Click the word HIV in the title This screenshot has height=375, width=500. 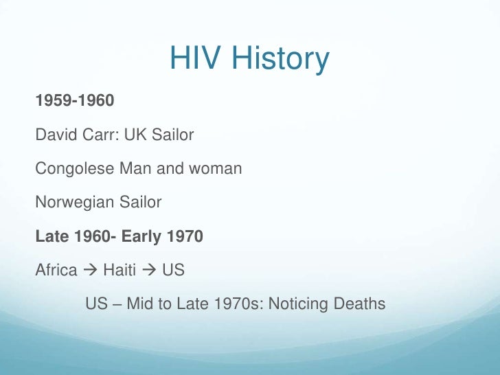coord(194,60)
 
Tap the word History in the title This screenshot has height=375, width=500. coord(279,60)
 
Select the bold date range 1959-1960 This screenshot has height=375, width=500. coord(75,102)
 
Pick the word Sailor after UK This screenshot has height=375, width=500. coord(172,135)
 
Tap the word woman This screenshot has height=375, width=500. coord(218,169)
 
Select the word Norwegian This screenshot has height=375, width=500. coord(71,203)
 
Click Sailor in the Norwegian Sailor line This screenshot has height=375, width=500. coord(139,203)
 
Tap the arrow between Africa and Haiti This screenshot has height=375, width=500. coord(90,271)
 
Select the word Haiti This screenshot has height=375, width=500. coord(120,271)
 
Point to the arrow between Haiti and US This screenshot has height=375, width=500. coord(149,271)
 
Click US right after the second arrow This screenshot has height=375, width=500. coord(173,271)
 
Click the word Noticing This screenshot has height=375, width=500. coord(301,304)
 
